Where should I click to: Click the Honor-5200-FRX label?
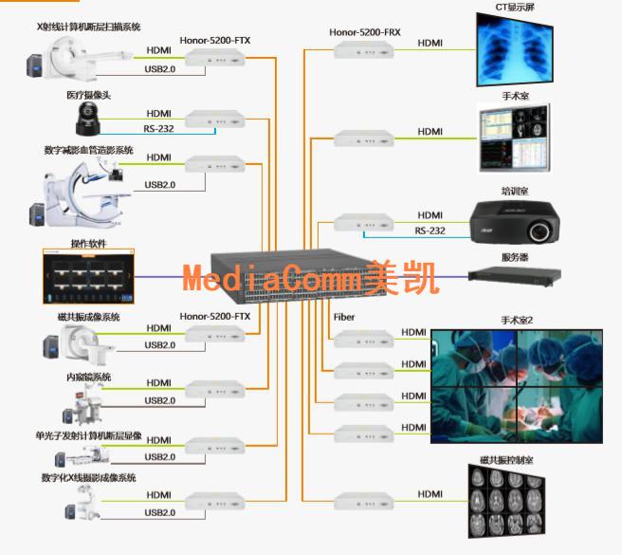[x=365, y=32]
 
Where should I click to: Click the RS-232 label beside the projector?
[x=430, y=231]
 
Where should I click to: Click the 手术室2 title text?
[x=517, y=321]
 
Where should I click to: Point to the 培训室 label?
[x=515, y=191]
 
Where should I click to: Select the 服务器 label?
[x=515, y=256]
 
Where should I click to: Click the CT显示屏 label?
[x=515, y=7]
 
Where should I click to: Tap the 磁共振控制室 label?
[x=506, y=459]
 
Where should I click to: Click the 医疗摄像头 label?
[x=88, y=96]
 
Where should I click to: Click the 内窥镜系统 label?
[x=88, y=377]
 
